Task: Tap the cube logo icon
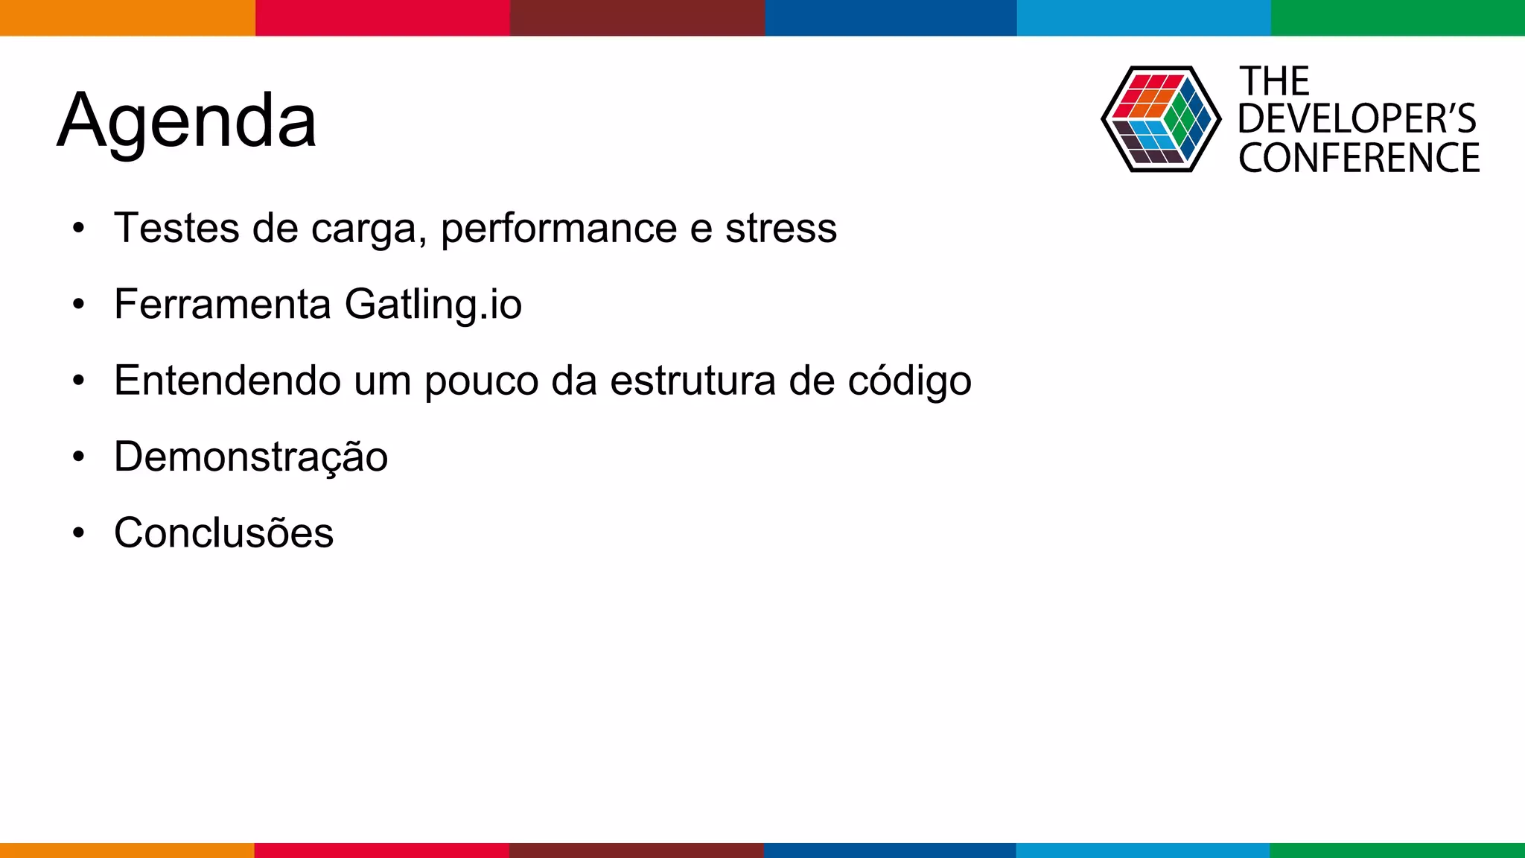tap(1160, 119)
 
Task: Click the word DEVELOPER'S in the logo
tap(1357, 119)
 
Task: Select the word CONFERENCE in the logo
tap(1359, 158)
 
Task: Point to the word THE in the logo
tap(1274, 81)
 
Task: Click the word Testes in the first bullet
tap(176, 228)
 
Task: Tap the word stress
tap(781, 228)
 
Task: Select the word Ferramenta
tap(222, 305)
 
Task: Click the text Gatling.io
tap(433, 305)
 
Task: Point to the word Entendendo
tap(226, 381)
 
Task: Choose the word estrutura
tap(693, 381)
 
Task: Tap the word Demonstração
tap(251, 457)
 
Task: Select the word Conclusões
tap(223, 533)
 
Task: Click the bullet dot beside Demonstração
tap(79, 457)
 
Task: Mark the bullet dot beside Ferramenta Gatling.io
tap(79, 305)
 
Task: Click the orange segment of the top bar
tap(127, 18)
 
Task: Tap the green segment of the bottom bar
tap(1397, 850)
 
